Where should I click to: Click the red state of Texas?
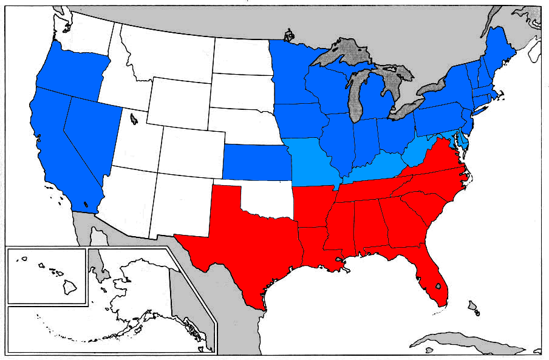pos(243,243)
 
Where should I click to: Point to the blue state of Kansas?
pos(255,161)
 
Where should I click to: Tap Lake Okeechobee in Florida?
pos(438,286)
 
